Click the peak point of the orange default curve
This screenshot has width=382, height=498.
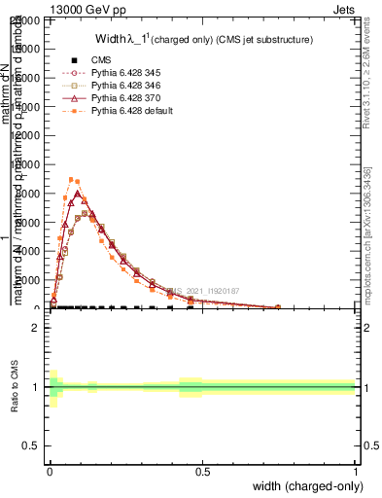click(x=71, y=179)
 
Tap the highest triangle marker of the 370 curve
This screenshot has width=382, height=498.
click(x=77, y=194)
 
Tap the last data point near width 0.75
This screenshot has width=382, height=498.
click(x=278, y=307)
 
